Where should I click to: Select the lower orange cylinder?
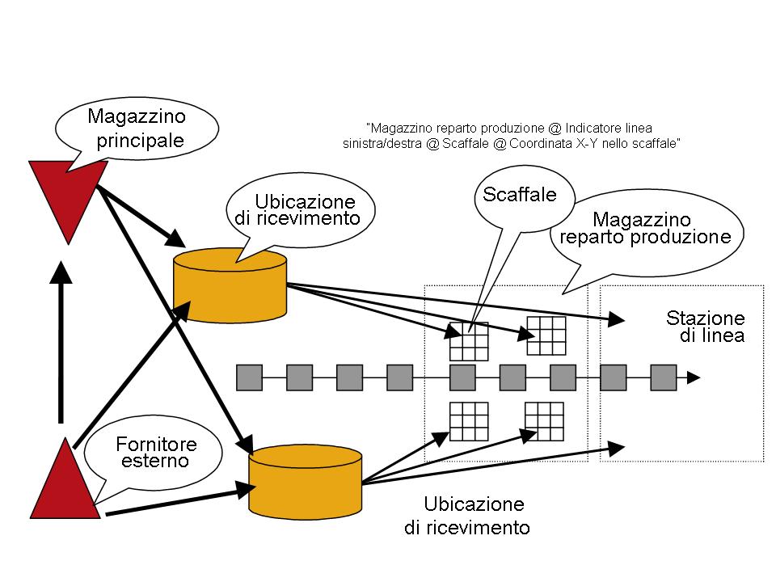pyautogui.click(x=304, y=480)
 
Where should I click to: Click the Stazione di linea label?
pyautogui.click(x=705, y=327)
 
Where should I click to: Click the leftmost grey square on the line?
pyautogui.click(x=249, y=377)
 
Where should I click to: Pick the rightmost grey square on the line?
pyautogui.click(x=663, y=377)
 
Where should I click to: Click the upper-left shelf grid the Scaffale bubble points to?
pyautogui.click(x=470, y=340)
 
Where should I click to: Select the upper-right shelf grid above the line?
pyautogui.click(x=545, y=335)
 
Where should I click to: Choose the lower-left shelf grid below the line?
pyautogui.click(x=470, y=421)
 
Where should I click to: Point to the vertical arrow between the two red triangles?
pyautogui.click(x=60, y=339)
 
